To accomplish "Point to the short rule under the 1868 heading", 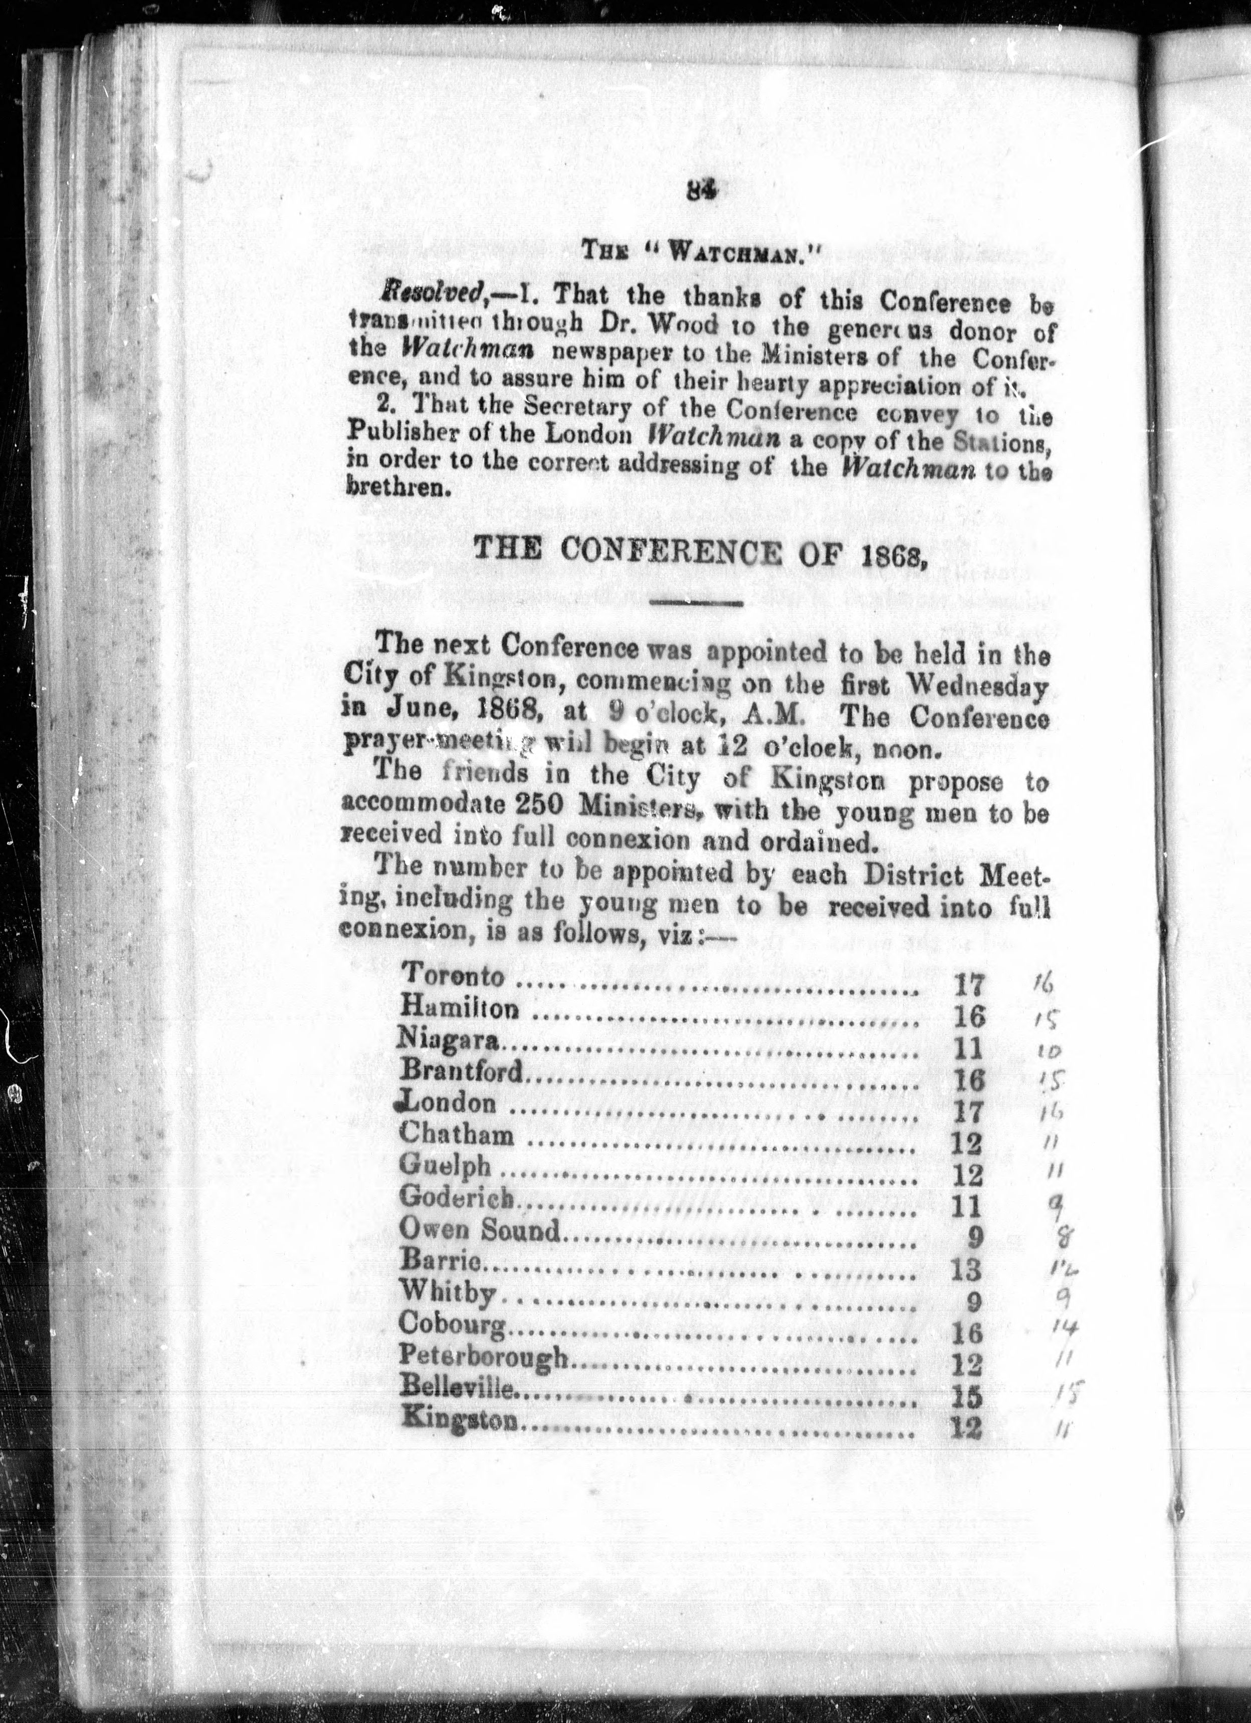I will [696, 605].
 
